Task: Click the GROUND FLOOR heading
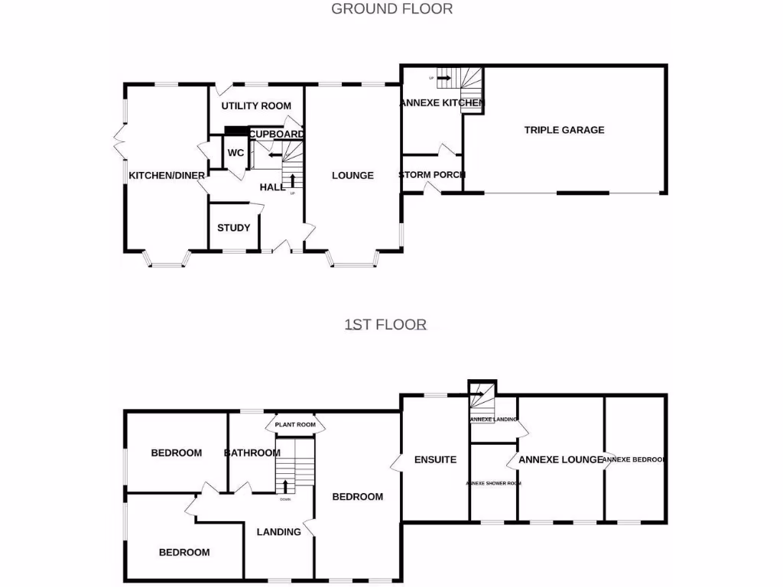(391, 9)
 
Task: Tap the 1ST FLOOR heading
(385, 325)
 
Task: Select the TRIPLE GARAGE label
(564, 130)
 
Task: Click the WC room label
(236, 153)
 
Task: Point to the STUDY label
(233, 228)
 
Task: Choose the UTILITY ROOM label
(256, 105)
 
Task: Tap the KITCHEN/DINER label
(167, 176)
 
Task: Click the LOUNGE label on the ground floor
(353, 176)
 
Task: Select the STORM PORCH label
(432, 175)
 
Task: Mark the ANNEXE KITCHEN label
(442, 102)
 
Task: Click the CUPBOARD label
(277, 135)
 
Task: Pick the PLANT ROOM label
(295, 425)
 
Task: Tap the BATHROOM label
(252, 453)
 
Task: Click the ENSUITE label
(435, 460)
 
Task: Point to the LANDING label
(278, 532)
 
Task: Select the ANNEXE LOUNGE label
(560, 460)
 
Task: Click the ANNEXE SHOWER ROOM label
(494, 484)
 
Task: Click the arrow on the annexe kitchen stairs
(443, 78)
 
